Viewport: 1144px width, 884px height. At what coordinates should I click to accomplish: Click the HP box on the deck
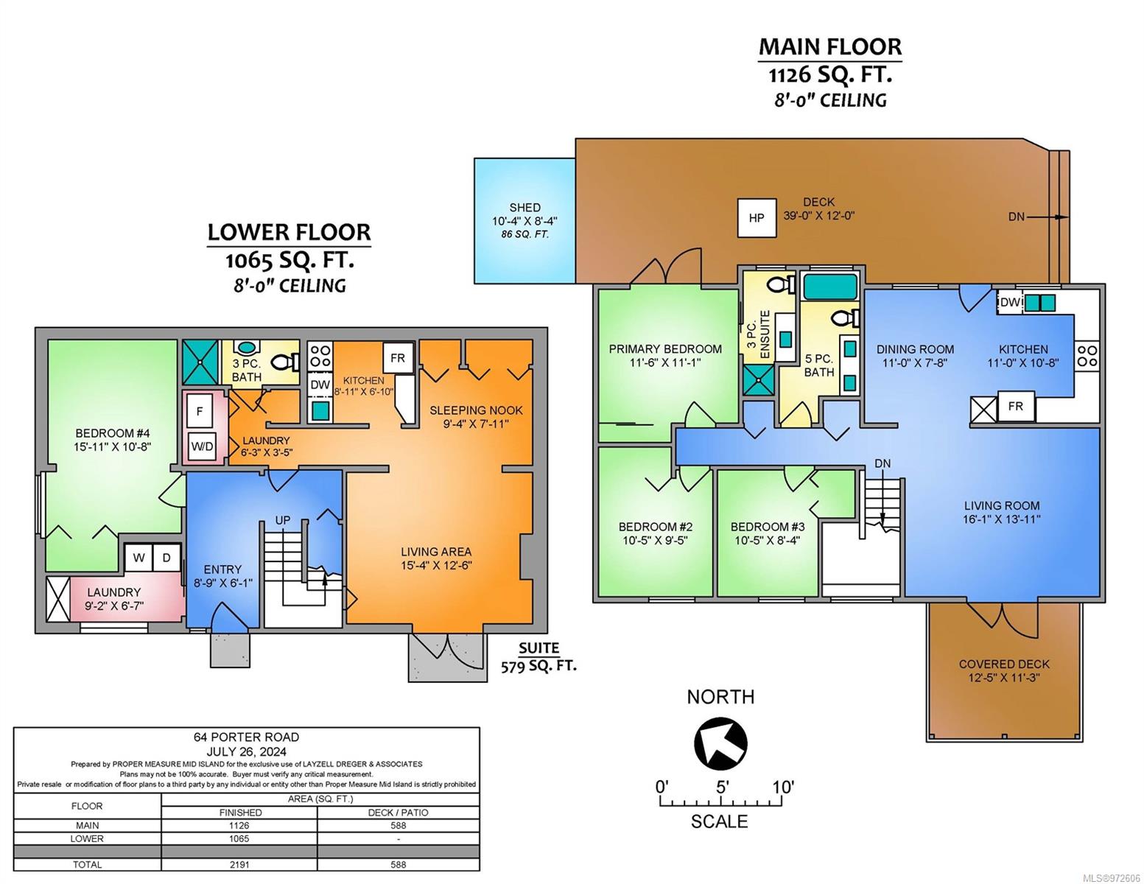click(x=757, y=217)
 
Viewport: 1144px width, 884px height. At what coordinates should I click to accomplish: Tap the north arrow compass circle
click(x=720, y=744)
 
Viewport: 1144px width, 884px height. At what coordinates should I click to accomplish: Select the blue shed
click(x=524, y=220)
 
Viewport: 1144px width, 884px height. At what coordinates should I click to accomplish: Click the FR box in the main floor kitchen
click(x=1016, y=406)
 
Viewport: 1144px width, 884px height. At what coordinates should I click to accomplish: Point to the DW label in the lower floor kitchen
click(x=320, y=385)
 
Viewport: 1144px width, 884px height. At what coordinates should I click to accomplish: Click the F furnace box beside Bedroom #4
click(x=200, y=411)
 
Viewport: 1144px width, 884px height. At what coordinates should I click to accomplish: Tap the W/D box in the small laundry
click(x=202, y=447)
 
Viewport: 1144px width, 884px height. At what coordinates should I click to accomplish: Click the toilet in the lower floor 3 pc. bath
click(x=285, y=362)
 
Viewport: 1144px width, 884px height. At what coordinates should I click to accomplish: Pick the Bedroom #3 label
click(x=768, y=533)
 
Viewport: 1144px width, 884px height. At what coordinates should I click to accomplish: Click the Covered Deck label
click(x=1004, y=671)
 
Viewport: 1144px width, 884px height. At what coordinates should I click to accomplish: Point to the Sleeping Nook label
click(x=477, y=416)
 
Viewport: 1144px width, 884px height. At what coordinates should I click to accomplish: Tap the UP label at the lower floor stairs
click(x=283, y=520)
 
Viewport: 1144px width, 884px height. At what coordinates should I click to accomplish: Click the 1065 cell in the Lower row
click(x=239, y=839)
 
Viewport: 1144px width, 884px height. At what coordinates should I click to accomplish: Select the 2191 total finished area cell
click(x=239, y=865)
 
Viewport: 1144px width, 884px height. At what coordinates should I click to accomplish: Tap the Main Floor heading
click(x=830, y=47)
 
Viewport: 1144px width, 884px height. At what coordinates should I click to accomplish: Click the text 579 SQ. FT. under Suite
click(x=538, y=667)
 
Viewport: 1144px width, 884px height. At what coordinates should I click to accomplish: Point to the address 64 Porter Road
click(x=246, y=737)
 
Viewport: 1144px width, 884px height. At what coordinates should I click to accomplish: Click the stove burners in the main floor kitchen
click(x=1087, y=356)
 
